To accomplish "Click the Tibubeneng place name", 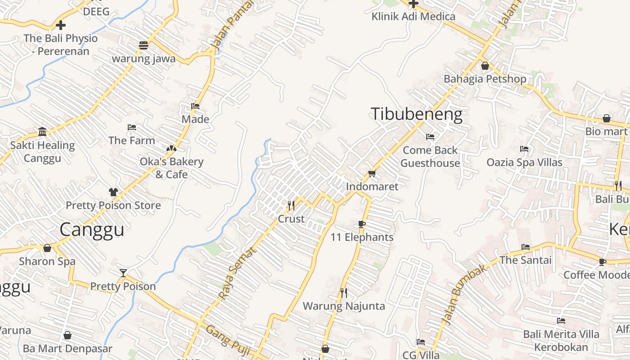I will coord(416,114).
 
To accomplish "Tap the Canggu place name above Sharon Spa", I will coord(92,229).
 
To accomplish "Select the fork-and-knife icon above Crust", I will coord(291,206).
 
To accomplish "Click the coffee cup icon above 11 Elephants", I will coord(362,224).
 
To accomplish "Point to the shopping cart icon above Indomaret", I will coord(372,173).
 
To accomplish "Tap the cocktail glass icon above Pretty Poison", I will coord(123,273).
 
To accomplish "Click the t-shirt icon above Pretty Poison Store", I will coord(113,192).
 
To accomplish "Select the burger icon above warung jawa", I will coord(144,45).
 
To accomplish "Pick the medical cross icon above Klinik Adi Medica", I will coord(413,4).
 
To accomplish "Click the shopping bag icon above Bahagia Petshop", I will coord(485,66).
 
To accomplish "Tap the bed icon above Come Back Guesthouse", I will coord(430,136).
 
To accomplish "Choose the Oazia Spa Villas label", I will coord(524,162).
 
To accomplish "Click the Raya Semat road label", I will coord(236,273).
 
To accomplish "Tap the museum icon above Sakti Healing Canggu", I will coord(42,131).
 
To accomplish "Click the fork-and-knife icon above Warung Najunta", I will coord(344,293).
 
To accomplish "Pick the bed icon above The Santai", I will coord(525,247).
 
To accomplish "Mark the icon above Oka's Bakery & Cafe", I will coord(171,148).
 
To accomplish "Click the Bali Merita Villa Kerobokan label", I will coord(561,341).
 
